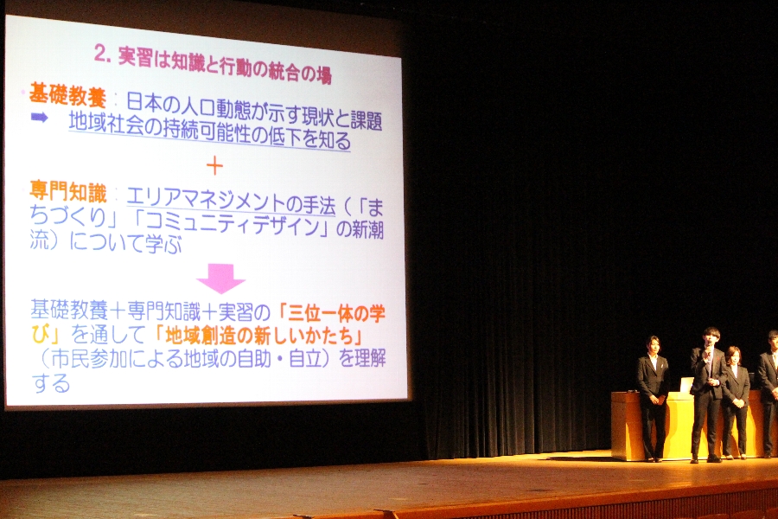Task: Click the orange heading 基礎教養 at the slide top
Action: click(67, 94)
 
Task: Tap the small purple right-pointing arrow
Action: click(39, 118)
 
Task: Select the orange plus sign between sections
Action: click(214, 166)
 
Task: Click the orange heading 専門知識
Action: click(68, 193)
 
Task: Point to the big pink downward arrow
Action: click(220, 279)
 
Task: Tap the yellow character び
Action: click(41, 334)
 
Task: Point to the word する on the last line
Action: click(50, 383)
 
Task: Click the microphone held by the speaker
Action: click(705, 354)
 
